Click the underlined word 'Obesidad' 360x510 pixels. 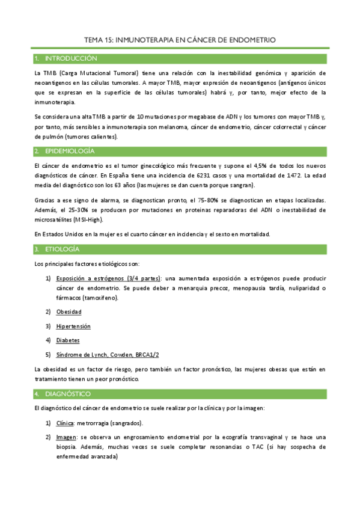(x=69, y=312)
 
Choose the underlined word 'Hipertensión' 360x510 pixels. (x=73, y=326)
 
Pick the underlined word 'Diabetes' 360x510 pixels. (x=68, y=340)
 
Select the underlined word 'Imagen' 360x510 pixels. (x=66, y=437)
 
